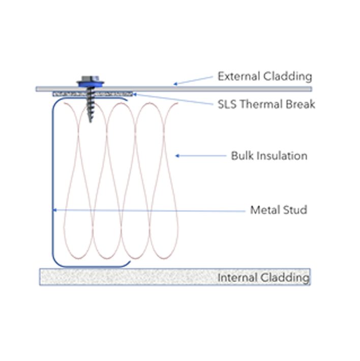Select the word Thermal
(x=261, y=104)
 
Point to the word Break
(x=301, y=104)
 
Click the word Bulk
(x=241, y=156)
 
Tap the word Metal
(x=265, y=210)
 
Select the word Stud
(x=295, y=210)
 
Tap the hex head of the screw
(x=91, y=78)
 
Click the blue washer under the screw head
(x=91, y=84)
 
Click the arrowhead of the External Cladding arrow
(x=175, y=84)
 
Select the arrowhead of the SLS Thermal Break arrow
(x=135, y=94)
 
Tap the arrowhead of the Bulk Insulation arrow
(x=177, y=156)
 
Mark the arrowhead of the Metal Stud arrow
(x=54, y=210)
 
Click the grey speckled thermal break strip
(x=93, y=94)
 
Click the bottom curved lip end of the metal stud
(x=130, y=262)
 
